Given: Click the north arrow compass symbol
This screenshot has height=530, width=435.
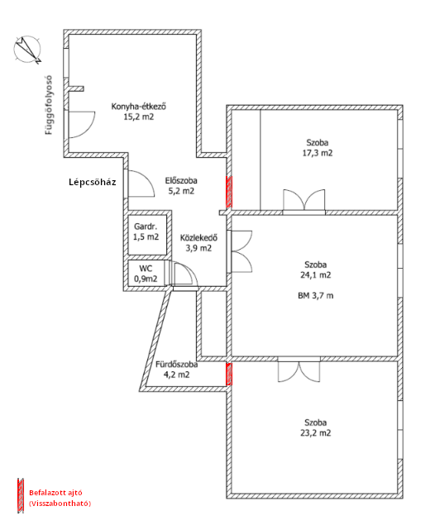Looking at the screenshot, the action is click(x=28, y=50).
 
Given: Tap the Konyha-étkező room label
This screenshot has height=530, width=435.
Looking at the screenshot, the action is click(x=139, y=107).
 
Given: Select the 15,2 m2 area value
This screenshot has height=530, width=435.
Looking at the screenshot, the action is click(x=139, y=117).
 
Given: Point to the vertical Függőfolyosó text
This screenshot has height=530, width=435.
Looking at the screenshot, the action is click(x=50, y=105).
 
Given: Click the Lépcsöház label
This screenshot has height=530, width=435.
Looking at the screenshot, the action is click(x=93, y=182).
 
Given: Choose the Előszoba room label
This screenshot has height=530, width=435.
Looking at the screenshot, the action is click(x=181, y=181).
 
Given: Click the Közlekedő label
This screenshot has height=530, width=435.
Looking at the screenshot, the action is click(x=198, y=237).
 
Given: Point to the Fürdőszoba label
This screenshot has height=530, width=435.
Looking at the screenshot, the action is click(x=176, y=365).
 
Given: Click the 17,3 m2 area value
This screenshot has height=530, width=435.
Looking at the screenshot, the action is click(x=318, y=153).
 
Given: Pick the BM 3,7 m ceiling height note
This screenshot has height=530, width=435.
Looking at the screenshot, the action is click(x=315, y=296).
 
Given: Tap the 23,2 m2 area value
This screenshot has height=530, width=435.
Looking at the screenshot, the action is click(x=316, y=433).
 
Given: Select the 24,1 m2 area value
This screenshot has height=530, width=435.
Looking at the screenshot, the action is click(x=316, y=275).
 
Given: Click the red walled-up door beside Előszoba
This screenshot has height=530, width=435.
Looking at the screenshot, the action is click(x=229, y=192).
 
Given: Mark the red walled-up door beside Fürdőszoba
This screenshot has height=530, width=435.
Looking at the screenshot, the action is click(x=229, y=374).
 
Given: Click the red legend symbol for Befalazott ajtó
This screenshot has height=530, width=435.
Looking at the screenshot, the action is click(x=21, y=495).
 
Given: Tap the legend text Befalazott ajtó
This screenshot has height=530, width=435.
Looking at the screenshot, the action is click(x=55, y=493).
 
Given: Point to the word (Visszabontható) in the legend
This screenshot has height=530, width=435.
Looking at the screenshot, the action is click(x=60, y=504).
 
